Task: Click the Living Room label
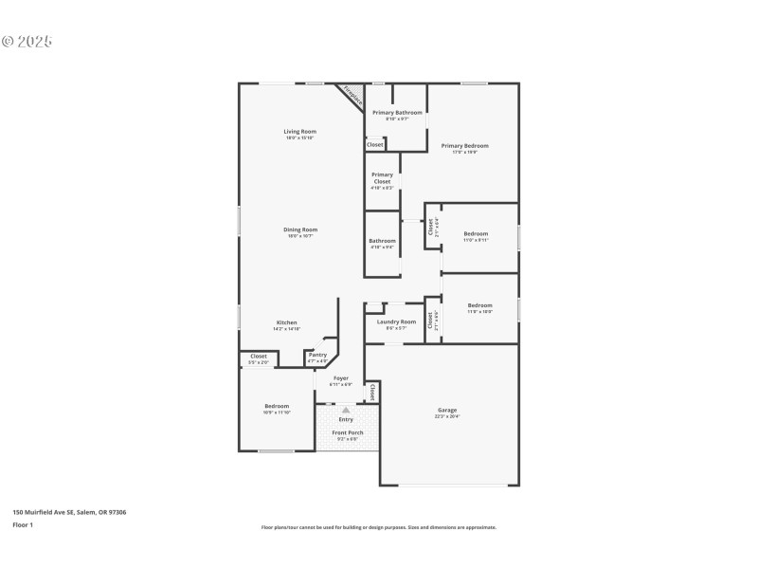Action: tap(299, 132)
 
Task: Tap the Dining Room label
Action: tap(299, 230)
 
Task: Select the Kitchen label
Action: tap(286, 322)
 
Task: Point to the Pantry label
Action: tap(317, 355)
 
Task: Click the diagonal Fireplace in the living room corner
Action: tap(352, 96)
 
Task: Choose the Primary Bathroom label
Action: tap(396, 113)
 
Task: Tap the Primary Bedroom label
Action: tap(464, 146)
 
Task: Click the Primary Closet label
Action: tap(382, 178)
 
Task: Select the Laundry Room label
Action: tap(396, 322)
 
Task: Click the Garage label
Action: tap(446, 411)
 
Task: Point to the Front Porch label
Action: tap(347, 433)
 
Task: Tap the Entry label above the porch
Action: tap(346, 419)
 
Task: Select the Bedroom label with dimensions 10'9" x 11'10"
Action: tap(277, 407)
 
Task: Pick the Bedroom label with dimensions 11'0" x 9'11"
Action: tap(476, 234)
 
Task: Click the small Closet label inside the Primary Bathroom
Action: tap(375, 144)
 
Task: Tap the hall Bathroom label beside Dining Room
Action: tap(382, 241)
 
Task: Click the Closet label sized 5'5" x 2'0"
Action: tap(258, 357)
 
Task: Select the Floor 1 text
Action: tap(23, 524)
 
